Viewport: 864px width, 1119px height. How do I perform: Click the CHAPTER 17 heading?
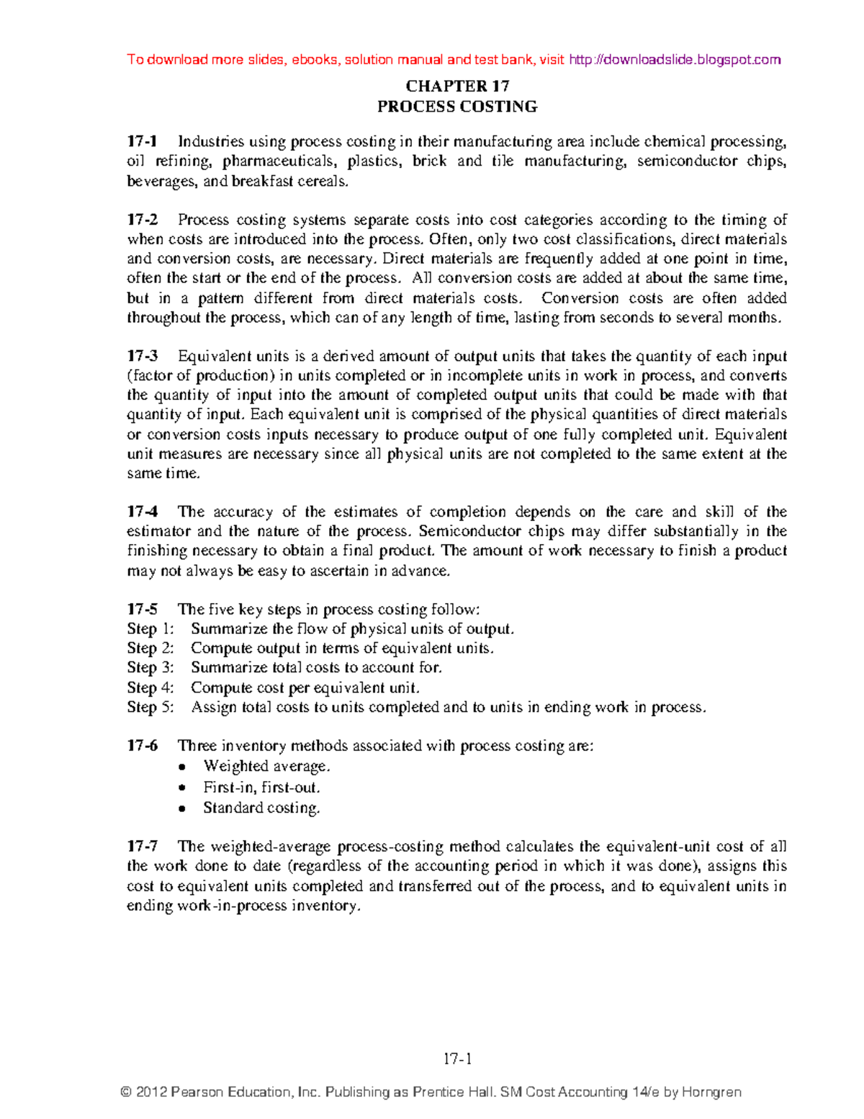tap(457, 86)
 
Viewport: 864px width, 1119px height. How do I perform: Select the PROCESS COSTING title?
tap(457, 107)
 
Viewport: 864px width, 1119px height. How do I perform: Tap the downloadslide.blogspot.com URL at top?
tap(675, 60)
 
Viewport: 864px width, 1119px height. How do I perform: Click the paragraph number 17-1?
tap(142, 141)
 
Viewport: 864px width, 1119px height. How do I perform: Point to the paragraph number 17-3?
tap(142, 356)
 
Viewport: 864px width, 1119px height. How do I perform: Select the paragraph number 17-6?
tap(142, 746)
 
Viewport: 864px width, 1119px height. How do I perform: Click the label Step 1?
tap(150, 629)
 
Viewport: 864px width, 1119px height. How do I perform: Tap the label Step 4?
tap(150, 687)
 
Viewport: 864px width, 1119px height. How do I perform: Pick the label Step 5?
tap(150, 707)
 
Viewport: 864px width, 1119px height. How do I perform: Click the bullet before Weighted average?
tap(183, 767)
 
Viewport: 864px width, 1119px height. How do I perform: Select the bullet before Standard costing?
tap(183, 809)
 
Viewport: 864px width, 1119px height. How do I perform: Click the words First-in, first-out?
tap(261, 788)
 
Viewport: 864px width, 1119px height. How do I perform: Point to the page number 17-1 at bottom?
tap(457, 1059)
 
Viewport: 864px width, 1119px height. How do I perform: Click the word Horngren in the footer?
tap(711, 1092)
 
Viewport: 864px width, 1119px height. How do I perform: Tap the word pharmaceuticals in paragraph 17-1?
tap(279, 161)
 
